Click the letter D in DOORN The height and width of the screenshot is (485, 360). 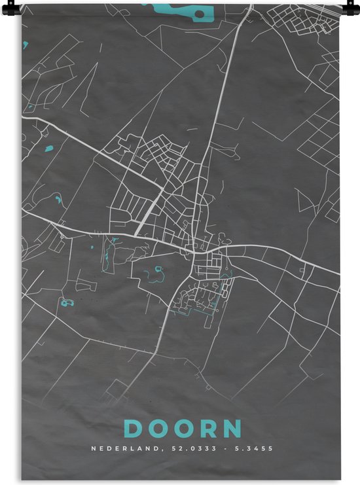click(133, 429)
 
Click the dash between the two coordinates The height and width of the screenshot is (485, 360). click(220, 449)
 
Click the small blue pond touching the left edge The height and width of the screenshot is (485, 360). click(25, 46)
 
